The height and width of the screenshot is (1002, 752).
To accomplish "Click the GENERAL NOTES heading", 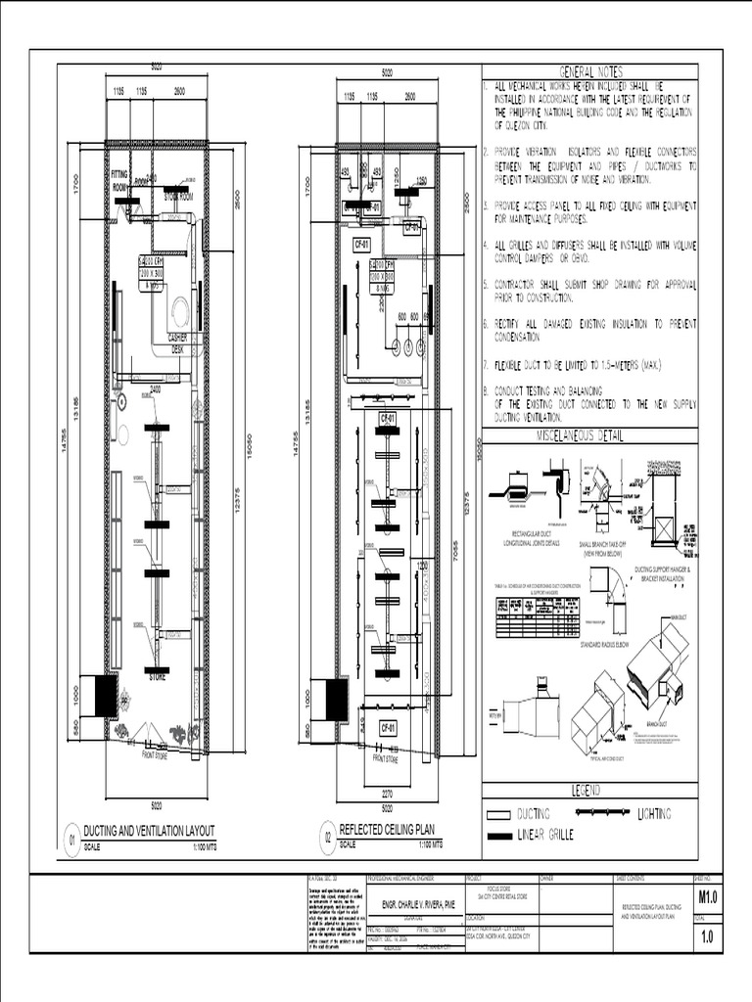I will click(x=589, y=72).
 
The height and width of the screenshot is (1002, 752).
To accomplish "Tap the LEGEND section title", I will click(x=589, y=789).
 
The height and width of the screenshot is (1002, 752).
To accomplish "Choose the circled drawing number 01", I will click(x=71, y=840).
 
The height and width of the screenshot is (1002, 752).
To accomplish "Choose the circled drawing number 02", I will click(x=327, y=838).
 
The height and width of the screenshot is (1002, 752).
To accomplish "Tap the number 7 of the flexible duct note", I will click(x=485, y=364).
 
